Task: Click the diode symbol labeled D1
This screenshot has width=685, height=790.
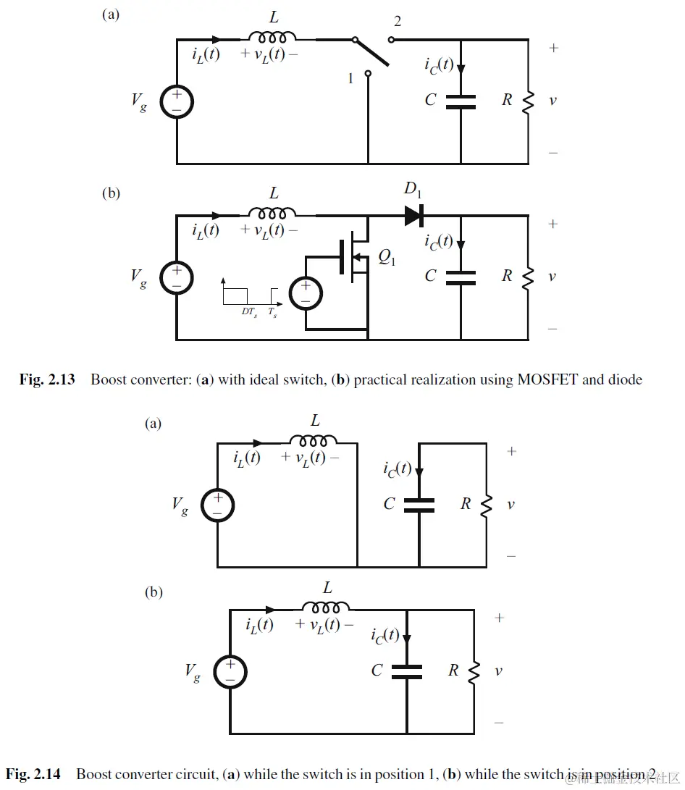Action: (x=413, y=215)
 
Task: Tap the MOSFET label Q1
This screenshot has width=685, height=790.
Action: (x=387, y=257)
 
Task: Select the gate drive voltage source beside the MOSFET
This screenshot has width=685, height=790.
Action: (x=306, y=295)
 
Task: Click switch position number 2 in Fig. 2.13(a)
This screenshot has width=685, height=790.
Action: (x=396, y=22)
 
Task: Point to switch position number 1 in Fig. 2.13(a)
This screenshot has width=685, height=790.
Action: (x=351, y=78)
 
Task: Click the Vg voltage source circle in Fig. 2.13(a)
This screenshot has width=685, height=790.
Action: (x=177, y=101)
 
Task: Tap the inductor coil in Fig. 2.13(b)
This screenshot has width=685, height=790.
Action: (x=272, y=213)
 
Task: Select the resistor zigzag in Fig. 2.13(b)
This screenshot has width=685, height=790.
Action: (x=528, y=277)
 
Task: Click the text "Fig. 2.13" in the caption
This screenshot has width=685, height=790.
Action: (x=47, y=379)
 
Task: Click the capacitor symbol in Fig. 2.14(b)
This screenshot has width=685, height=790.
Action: (x=406, y=671)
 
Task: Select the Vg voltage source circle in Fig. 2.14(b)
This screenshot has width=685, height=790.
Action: (x=230, y=671)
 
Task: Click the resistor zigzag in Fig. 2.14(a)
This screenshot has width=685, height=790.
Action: (x=486, y=504)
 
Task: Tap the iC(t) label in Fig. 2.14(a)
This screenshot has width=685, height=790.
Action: (x=397, y=468)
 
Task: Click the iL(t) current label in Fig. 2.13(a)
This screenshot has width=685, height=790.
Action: (x=206, y=54)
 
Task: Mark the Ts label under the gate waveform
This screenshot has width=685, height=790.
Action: (x=272, y=312)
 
